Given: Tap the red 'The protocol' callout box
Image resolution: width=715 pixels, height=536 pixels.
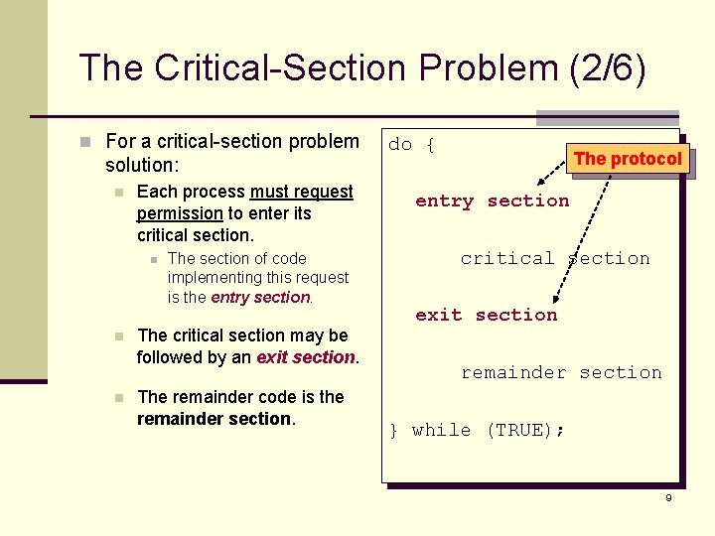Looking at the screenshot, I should [x=628, y=159].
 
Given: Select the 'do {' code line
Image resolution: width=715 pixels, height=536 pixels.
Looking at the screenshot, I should [x=412, y=145].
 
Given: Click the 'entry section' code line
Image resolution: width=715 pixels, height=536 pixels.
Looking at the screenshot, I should [x=492, y=201].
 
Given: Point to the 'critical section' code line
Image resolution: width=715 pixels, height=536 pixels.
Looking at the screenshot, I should [x=554, y=258].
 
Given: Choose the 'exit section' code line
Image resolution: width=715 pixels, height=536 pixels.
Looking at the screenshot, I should [x=486, y=315].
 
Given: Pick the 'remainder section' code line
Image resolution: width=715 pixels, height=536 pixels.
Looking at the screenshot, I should [x=560, y=372].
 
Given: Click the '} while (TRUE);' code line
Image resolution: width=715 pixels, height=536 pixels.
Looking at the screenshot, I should [x=477, y=430].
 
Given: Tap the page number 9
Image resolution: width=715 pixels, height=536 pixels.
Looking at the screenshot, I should [x=668, y=497].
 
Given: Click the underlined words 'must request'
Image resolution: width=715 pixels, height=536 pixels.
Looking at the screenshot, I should [x=302, y=192].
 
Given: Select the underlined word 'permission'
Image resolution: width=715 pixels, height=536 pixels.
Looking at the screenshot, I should [x=180, y=213].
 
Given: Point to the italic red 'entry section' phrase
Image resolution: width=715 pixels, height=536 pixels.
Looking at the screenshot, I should [x=261, y=297].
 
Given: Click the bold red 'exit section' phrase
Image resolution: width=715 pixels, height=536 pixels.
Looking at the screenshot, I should [x=306, y=357].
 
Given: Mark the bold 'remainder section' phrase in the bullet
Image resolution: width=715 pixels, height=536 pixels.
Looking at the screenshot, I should [x=214, y=419].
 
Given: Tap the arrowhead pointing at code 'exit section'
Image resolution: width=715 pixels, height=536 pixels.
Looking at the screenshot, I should [x=555, y=299].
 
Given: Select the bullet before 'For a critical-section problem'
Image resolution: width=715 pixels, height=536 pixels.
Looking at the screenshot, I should [x=88, y=142].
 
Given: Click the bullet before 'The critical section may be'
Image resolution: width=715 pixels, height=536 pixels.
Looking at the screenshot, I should [x=119, y=336].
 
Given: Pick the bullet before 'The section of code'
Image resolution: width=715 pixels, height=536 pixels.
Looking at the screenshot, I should [x=152, y=259].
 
